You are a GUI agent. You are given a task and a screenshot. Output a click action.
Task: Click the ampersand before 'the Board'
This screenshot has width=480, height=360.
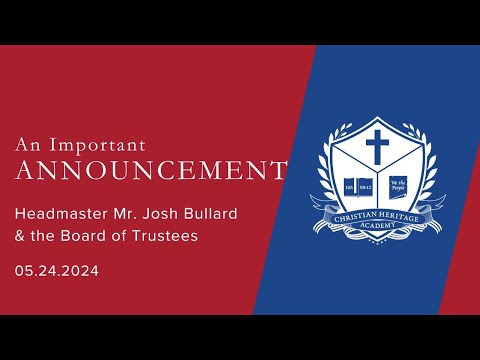[20, 236]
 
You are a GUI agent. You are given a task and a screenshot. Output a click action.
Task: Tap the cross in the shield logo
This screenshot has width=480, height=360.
[377, 150]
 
